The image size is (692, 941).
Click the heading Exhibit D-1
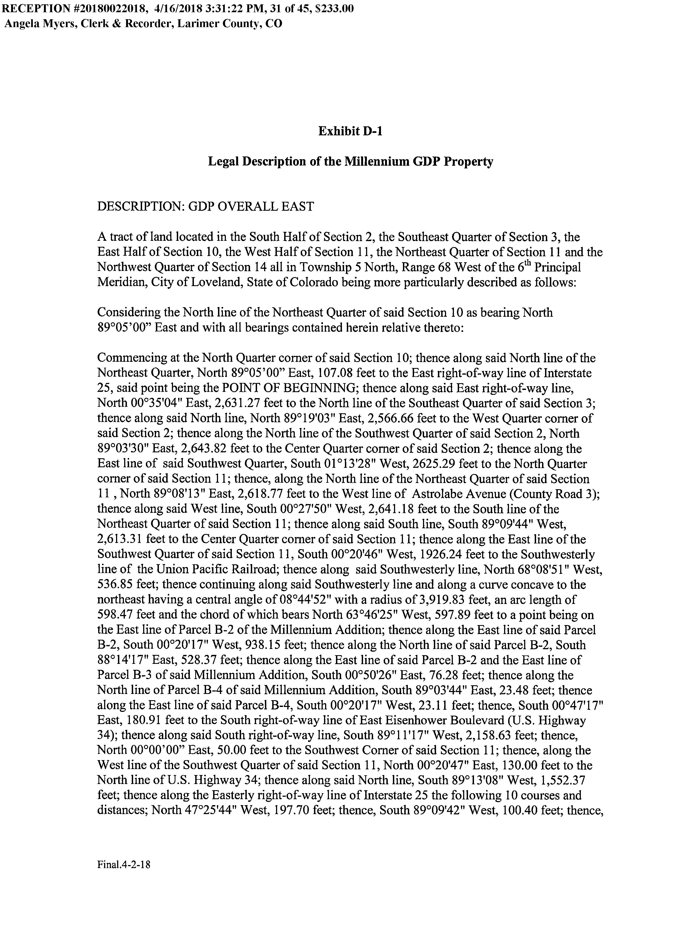(x=350, y=132)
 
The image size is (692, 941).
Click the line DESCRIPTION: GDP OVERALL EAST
(x=205, y=207)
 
